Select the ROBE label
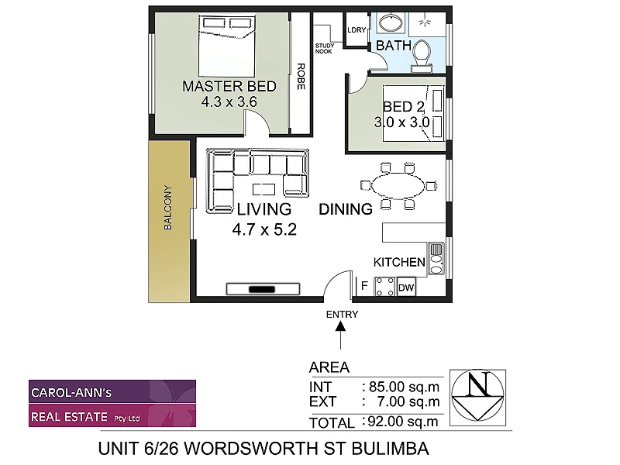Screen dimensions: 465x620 pyautogui.click(x=300, y=77)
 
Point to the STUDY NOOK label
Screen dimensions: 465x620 pyautogui.click(x=323, y=49)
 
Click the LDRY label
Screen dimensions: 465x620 pyautogui.click(x=356, y=31)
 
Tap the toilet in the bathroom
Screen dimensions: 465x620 pyautogui.click(x=422, y=53)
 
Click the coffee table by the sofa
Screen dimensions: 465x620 pyautogui.click(x=267, y=188)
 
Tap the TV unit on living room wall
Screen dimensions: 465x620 pyautogui.click(x=262, y=289)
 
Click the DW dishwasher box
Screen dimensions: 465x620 pyautogui.click(x=406, y=288)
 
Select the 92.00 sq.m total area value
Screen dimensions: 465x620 pyautogui.click(x=401, y=422)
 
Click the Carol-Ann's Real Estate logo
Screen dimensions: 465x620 pyautogui.click(x=112, y=403)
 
